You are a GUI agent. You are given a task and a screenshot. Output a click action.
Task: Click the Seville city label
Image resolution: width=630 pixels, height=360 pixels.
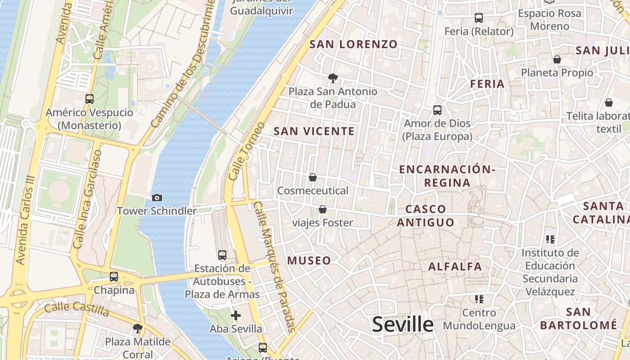tap(403, 324)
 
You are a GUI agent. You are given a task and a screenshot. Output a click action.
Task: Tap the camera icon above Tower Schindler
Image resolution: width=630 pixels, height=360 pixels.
tap(157, 198)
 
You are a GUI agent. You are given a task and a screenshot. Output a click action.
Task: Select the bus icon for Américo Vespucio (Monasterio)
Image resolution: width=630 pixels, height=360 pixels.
tap(90, 99)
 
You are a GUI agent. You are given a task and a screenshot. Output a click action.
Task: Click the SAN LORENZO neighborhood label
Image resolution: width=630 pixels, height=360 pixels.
tap(354, 44)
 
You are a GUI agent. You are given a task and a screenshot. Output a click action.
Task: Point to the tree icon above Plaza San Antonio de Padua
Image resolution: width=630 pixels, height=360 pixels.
tap(333, 78)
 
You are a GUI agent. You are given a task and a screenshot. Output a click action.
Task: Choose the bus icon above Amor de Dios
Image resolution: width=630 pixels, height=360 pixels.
tap(437, 110)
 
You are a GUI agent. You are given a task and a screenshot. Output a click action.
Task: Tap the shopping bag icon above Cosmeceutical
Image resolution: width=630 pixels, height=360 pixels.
tap(313, 177)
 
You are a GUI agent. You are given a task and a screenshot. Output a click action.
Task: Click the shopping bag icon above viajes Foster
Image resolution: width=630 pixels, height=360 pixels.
tap(323, 209)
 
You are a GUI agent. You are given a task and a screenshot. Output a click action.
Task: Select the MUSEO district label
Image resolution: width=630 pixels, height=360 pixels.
tap(309, 261)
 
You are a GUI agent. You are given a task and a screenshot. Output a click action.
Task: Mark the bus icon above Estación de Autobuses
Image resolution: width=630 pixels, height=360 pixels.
tap(222, 255)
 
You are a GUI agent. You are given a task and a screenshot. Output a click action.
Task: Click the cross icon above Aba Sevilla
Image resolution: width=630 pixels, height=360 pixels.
tap(235, 315)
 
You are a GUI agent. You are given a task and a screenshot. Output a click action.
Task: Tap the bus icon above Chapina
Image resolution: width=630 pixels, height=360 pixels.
tap(114, 277)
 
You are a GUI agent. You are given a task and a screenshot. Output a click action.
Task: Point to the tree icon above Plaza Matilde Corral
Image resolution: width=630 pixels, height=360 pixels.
tap(138, 328)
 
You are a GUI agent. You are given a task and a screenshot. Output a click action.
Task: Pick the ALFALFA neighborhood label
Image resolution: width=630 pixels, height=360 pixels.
tap(455, 266)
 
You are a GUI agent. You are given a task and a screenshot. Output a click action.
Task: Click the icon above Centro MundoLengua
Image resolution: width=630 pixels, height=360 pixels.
tap(479, 299)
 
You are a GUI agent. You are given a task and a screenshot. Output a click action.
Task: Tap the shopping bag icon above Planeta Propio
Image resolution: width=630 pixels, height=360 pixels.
tap(557, 59)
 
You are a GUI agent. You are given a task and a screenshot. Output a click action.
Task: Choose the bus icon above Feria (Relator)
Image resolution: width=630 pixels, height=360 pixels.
tap(479, 18)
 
